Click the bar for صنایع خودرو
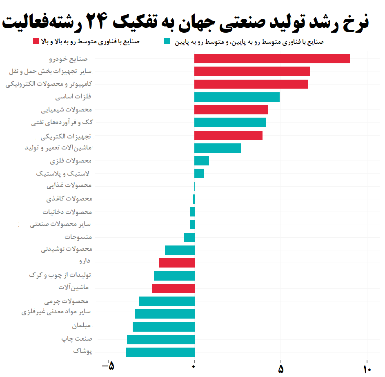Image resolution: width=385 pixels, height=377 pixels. coord(272,58)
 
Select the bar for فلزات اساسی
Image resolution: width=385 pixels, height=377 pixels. coord(237,97)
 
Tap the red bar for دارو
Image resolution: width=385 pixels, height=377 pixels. coord(177,263)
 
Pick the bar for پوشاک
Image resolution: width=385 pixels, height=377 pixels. coord(160,352)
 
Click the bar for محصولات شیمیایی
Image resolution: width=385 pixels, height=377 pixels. coord(231,109)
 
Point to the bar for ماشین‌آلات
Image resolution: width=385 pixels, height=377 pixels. coord(173,288)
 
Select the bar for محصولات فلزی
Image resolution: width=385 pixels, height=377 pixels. coord(202,161)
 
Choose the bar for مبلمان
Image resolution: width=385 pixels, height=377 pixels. coord(164,327)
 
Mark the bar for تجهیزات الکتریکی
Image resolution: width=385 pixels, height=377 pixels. coord(228,135)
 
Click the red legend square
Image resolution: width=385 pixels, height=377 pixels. coord(36,41)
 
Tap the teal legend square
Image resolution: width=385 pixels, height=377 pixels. coord(167,41)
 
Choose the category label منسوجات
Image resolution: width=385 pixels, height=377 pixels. coord(78,236)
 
